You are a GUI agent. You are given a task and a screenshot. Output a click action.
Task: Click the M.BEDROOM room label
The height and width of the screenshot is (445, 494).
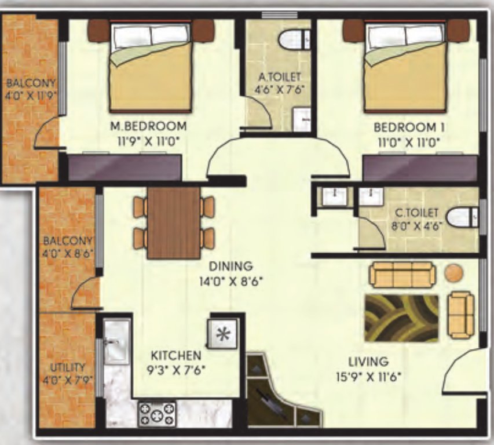click(150, 126)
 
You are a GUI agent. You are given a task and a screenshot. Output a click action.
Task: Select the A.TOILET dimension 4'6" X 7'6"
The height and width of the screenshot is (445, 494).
click(279, 89)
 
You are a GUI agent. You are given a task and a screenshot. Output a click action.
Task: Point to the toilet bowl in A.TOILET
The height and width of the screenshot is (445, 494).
click(292, 39)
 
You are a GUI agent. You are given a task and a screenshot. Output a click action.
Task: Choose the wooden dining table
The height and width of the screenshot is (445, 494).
click(173, 222)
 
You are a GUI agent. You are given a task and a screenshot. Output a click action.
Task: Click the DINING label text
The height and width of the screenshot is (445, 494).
click(231, 267)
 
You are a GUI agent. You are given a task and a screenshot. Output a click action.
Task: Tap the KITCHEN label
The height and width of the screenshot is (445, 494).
click(176, 355)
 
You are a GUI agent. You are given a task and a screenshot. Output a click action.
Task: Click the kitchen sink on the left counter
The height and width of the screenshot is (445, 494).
click(116, 342)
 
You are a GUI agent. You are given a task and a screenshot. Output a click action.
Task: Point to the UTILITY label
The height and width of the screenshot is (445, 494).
click(68, 367)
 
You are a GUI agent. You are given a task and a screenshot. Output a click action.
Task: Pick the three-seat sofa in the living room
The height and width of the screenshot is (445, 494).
click(402, 274)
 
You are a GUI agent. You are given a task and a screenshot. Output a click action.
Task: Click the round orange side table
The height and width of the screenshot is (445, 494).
click(454, 272)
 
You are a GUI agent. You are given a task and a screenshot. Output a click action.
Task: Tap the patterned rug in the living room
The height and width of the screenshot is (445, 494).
click(401, 318)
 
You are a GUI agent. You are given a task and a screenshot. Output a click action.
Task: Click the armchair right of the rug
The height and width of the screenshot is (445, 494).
click(462, 315)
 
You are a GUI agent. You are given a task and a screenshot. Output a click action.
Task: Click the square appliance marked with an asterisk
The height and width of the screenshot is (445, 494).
click(222, 334)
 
